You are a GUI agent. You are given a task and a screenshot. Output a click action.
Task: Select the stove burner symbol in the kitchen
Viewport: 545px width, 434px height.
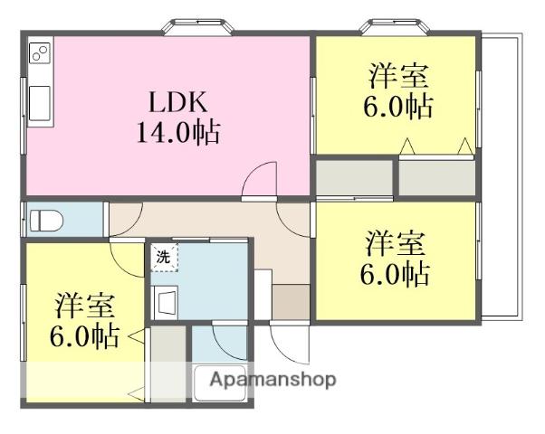coord(39,53)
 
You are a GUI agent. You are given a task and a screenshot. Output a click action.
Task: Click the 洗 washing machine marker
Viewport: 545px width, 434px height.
coord(164,257)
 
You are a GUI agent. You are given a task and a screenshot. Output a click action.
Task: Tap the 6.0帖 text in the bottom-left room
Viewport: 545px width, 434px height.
coord(84,336)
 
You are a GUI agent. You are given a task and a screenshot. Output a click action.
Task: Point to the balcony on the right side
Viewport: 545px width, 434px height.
coord(502,176)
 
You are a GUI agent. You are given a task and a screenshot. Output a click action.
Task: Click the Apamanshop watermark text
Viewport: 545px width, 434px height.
coord(272,380)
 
